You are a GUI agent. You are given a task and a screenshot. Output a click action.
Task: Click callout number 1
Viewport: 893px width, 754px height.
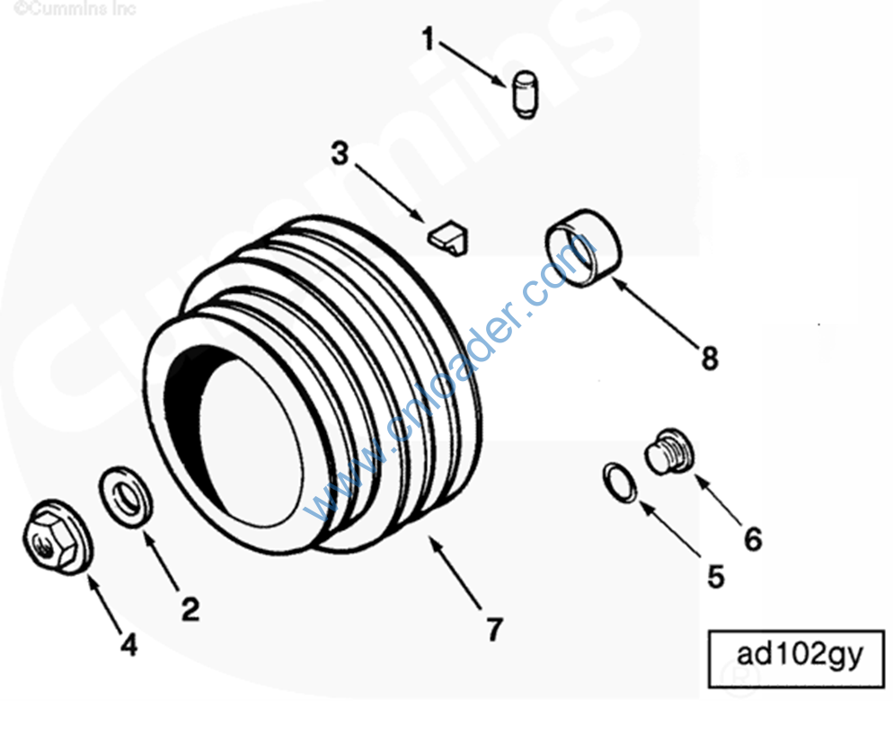tap(429, 39)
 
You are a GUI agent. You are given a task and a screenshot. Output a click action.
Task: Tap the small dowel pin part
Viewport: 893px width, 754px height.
tap(525, 94)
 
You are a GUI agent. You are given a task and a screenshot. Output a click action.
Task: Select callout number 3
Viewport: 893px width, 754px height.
tap(340, 154)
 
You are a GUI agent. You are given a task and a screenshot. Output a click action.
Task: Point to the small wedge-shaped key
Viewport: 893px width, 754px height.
tap(449, 236)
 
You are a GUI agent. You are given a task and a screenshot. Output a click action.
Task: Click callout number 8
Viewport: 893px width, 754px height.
tap(710, 359)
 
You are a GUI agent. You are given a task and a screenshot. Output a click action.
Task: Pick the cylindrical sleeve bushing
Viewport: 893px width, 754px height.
tap(583, 247)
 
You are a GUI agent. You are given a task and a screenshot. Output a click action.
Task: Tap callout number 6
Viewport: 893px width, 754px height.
tap(753, 539)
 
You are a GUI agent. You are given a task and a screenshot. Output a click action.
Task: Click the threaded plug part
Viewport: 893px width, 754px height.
tap(670, 451)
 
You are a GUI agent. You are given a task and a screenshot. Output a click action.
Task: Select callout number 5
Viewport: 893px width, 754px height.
tap(716, 576)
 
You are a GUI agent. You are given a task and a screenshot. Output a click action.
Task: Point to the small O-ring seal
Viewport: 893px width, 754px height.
tap(621, 483)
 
